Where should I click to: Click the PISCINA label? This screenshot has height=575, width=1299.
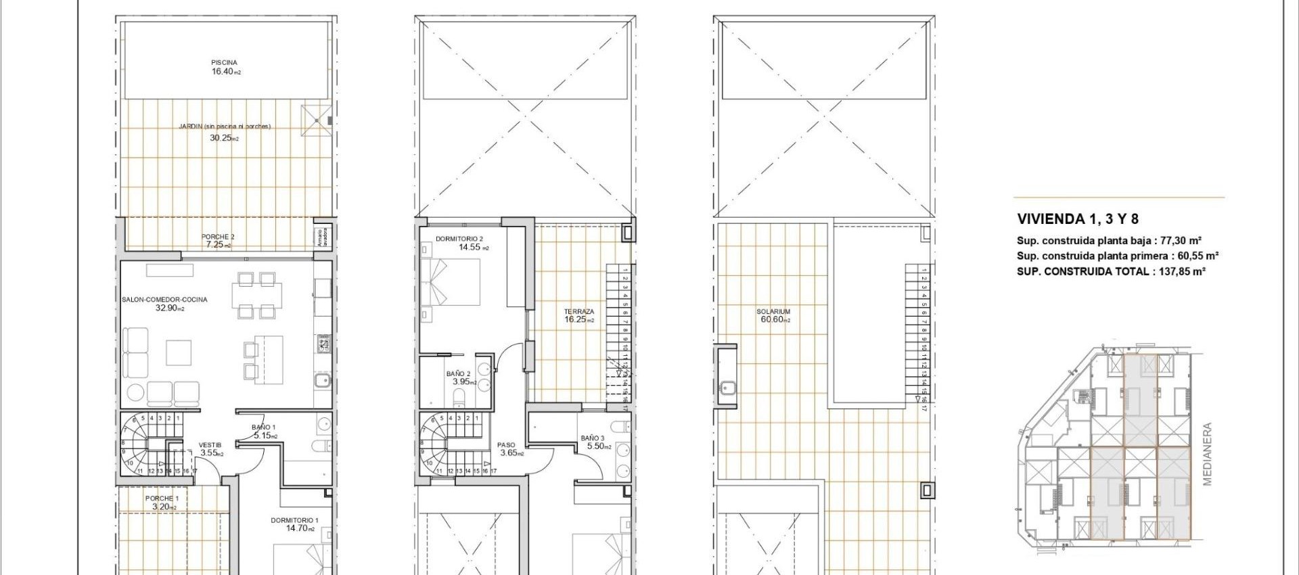coord(224,62)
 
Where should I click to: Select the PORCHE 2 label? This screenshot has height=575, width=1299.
coord(218,237)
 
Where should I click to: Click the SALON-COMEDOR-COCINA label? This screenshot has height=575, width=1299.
coord(164,300)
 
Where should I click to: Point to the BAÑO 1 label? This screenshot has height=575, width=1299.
coord(263,428)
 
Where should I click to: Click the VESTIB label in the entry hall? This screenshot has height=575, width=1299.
coord(210,445)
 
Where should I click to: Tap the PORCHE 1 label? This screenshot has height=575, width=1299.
coord(162,499)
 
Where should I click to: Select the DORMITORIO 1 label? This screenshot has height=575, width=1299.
coord(294,520)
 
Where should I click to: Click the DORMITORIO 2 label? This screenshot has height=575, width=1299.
coord(459,239)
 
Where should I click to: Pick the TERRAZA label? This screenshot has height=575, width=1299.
coord(579,312)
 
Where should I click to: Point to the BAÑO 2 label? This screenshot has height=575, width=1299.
coord(458,373)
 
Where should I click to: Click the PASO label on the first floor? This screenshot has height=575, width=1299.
coord(506,445)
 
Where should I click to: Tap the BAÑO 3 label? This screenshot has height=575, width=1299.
coord(592,438)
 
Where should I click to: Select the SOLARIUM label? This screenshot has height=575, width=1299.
coord(773,312)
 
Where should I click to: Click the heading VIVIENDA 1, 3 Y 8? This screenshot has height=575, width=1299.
coord(1077,219)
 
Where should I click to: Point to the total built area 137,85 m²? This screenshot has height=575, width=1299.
coord(1179,271)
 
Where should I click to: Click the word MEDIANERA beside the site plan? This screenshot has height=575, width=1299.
coord(1208,454)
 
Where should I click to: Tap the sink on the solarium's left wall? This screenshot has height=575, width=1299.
coord(727,388)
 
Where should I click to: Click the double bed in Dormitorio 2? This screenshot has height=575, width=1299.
coord(451,281)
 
